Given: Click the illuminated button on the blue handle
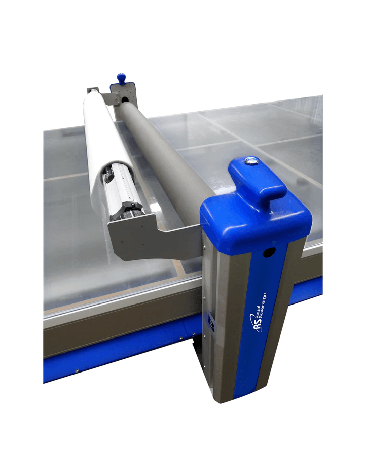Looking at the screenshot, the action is point(249,161).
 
